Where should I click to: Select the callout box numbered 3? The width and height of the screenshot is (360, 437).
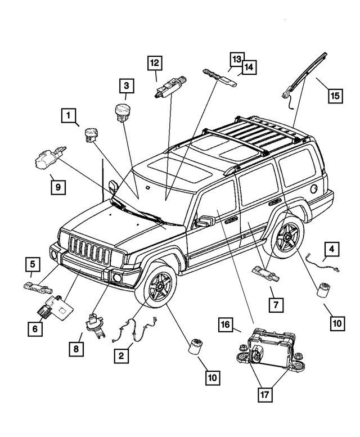click(126, 85)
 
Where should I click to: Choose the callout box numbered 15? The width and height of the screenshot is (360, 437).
click(335, 95)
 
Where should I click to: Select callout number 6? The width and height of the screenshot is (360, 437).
click(34, 330)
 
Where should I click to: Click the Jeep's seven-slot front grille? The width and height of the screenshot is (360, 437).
click(89, 253)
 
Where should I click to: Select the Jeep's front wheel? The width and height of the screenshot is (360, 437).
click(157, 287)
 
